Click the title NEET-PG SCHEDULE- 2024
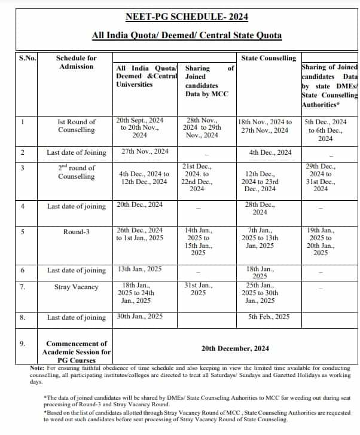pos(187,17)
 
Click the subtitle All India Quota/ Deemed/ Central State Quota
pos(187,35)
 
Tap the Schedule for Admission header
pos(76,62)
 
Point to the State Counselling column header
pos(268,58)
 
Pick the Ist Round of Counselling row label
pos(76,125)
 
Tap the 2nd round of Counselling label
pos(76,172)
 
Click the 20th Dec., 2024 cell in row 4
pos(139,204)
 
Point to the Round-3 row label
pos(76,232)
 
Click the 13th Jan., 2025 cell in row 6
pos(139,270)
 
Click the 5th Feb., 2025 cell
pos(269,317)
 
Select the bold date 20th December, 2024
pos(235,348)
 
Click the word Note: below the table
pos(36,368)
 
